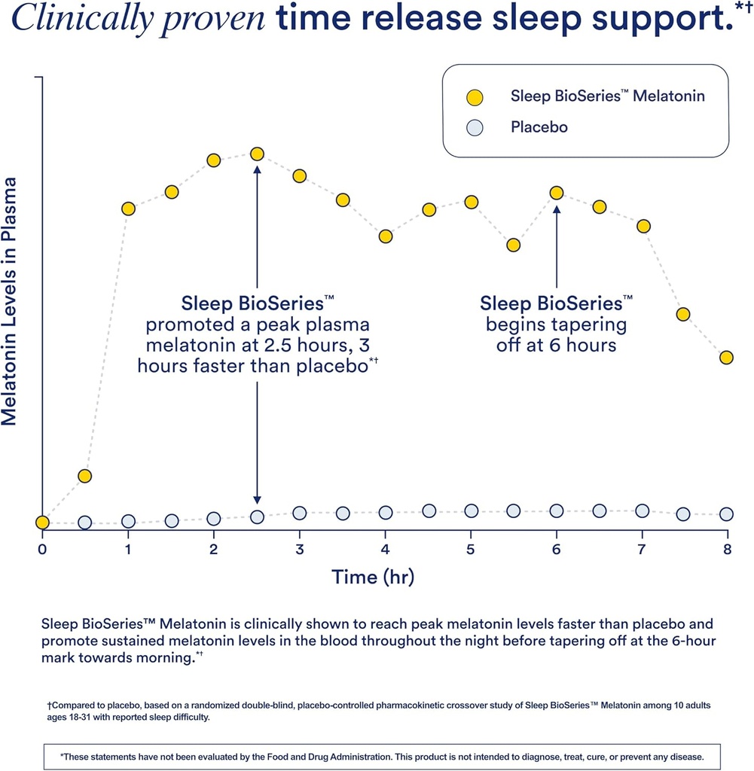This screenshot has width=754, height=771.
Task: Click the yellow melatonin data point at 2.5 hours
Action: [257, 154]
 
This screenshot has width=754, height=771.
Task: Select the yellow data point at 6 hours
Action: [557, 193]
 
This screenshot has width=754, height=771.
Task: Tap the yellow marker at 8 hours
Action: [726, 358]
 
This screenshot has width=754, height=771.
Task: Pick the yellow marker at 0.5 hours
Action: [85, 476]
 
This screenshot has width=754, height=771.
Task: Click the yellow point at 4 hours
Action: [386, 236]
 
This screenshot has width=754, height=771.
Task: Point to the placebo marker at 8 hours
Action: [726, 514]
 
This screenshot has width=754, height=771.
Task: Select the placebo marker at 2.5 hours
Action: [257, 517]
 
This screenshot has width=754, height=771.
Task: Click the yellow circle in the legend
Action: [474, 97]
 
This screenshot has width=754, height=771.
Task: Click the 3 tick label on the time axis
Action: [300, 548]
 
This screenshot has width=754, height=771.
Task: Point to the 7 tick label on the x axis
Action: [642, 548]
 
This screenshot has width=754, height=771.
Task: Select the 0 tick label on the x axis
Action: [42, 548]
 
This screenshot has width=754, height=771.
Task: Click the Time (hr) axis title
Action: [373, 577]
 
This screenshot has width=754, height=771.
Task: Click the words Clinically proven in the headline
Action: [138, 18]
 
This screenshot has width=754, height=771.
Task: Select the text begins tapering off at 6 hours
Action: [556, 335]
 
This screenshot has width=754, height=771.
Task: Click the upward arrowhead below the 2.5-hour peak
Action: [257, 170]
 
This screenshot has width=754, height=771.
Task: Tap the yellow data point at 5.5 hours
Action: [514, 245]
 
